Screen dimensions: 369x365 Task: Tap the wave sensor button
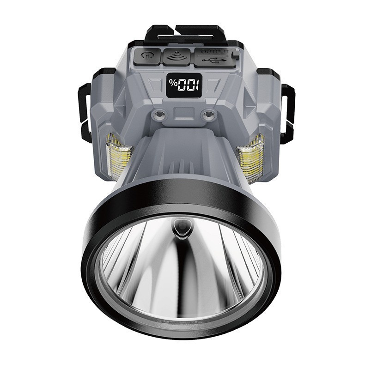click(x=176, y=57)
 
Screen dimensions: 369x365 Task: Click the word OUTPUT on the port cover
click(x=214, y=52)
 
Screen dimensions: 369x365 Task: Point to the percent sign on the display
click(x=173, y=84)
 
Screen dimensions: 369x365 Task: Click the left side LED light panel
click(x=118, y=157)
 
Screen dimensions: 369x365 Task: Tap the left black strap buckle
click(x=83, y=111)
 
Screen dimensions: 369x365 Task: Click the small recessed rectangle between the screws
click(x=184, y=112)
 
